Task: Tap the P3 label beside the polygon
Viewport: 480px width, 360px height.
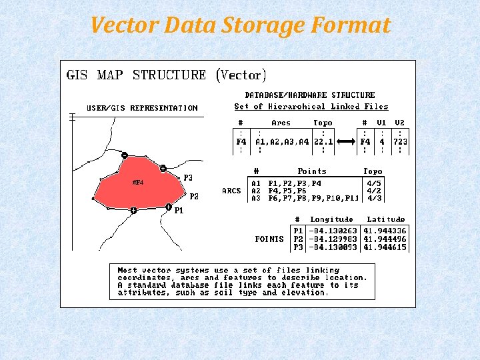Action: (188, 178)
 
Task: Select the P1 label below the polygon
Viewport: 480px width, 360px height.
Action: (179, 211)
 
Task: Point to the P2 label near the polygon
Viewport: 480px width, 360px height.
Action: (194, 197)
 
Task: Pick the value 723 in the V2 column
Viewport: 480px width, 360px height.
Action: (400, 142)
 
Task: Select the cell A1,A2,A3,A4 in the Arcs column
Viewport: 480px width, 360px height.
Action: (282, 142)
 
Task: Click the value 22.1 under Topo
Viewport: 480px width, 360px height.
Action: (323, 142)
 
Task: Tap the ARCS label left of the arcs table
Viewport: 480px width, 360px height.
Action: (231, 191)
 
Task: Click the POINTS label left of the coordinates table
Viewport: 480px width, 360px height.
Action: (269, 239)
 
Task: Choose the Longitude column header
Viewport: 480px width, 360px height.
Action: (331, 219)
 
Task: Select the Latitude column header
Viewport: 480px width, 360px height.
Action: (386, 219)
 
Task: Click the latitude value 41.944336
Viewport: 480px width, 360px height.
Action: (385, 231)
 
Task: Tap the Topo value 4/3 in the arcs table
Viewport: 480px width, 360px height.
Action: (375, 198)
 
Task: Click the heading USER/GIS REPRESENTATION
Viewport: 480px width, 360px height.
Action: (142, 108)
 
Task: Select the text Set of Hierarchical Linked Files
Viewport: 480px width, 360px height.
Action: (311, 107)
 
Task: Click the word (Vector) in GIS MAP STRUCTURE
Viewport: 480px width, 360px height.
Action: (241, 75)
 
